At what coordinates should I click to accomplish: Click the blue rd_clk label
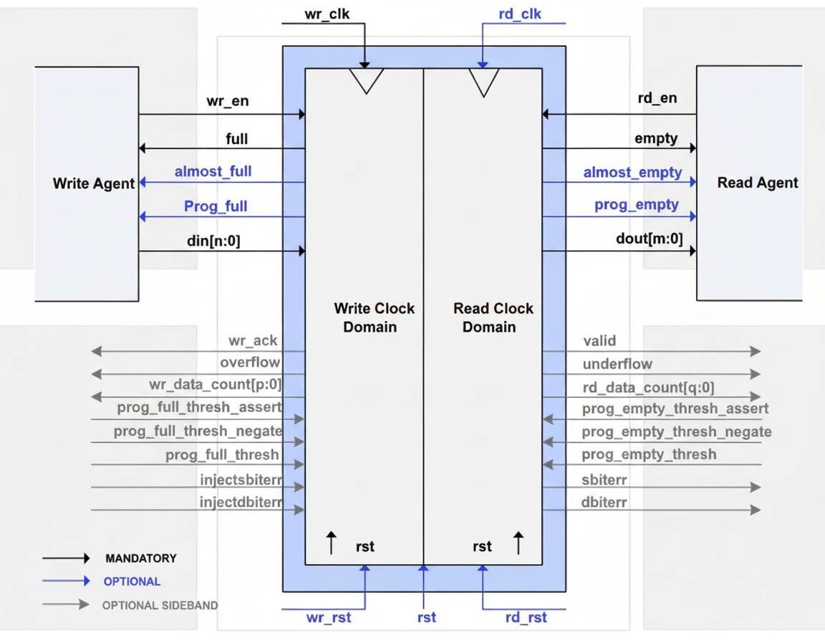click(520, 14)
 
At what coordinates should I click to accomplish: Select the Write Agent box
click(87, 183)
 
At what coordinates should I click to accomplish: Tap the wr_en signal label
click(228, 101)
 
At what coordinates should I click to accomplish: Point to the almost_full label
click(213, 171)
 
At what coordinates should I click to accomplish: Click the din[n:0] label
click(213, 241)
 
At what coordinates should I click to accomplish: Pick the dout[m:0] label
click(649, 239)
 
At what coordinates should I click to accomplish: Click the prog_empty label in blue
click(636, 205)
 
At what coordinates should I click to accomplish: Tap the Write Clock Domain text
click(374, 317)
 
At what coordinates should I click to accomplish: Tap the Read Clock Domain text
click(493, 317)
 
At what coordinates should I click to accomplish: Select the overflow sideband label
click(250, 363)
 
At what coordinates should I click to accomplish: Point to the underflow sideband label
click(617, 364)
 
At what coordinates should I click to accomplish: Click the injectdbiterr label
click(241, 502)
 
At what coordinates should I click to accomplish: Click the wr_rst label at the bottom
click(328, 618)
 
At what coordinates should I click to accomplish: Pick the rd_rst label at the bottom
click(526, 618)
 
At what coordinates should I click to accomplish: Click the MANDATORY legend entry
click(140, 558)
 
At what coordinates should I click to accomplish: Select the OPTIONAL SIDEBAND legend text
click(160, 605)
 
